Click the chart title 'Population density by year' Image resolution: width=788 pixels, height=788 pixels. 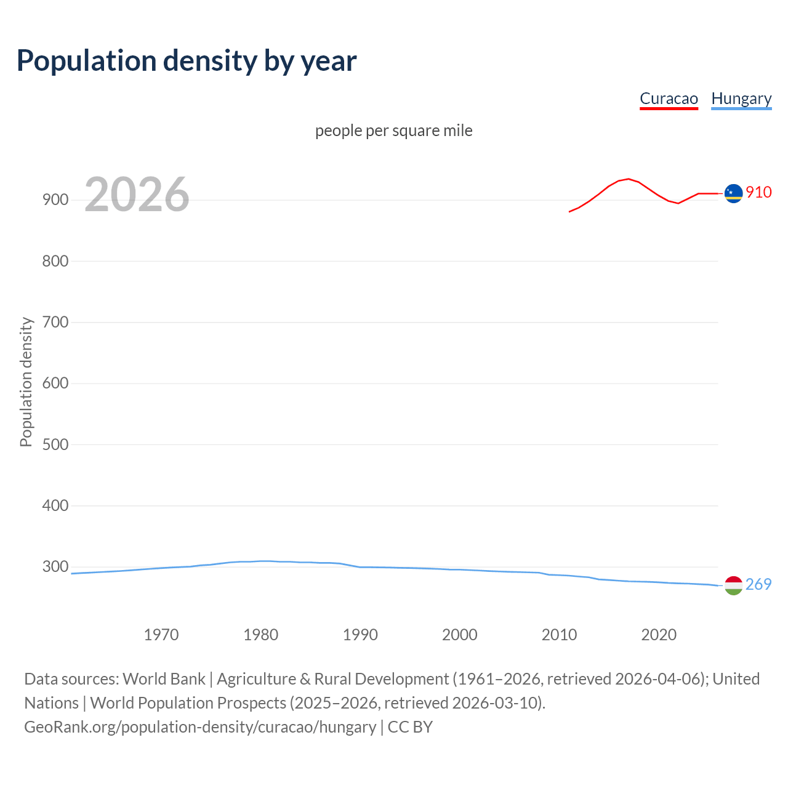(187, 61)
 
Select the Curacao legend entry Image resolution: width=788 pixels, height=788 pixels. (669, 98)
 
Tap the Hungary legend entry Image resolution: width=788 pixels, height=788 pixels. (741, 98)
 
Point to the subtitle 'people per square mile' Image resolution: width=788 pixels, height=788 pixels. (393, 131)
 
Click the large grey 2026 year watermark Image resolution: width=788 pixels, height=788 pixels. (137, 195)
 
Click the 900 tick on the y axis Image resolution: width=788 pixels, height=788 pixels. (55, 200)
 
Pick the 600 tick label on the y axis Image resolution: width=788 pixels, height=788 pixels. (55, 383)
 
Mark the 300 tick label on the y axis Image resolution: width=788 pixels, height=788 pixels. (55, 566)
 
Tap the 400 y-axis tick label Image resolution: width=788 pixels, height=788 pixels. (55, 505)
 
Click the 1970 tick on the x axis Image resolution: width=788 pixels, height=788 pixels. (161, 635)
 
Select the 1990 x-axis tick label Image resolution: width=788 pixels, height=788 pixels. (360, 635)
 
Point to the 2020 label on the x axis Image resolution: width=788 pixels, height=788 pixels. (659, 635)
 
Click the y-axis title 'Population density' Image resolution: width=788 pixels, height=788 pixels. (26, 382)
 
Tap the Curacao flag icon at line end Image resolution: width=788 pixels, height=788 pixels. (733, 193)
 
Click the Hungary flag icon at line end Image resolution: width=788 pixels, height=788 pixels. (733, 585)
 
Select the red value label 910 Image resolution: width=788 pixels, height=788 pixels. (758, 193)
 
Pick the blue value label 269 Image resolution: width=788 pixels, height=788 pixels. (758, 584)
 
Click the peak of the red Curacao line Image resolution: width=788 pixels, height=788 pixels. (628, 179)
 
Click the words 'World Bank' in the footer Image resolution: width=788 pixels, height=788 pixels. (164, 678)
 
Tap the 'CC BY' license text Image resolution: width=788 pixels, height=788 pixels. (410, 726)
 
